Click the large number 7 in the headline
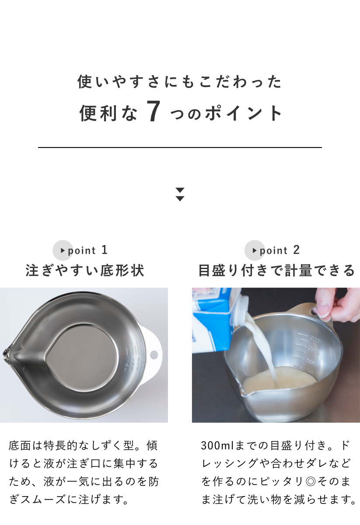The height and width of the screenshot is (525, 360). (154, 111)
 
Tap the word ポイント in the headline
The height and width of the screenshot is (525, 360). (243, 113)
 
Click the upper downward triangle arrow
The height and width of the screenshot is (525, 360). (180, 190)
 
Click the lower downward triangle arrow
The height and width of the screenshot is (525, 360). (180, 199)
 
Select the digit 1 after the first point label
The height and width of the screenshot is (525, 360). (105, 250)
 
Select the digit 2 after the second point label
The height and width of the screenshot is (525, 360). (297, 250)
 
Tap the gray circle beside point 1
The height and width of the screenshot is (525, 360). (63, 250)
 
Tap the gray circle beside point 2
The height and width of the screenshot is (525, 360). (255, 250)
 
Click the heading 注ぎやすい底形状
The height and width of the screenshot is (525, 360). (85, 270)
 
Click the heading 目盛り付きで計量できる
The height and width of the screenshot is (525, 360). (276, 270)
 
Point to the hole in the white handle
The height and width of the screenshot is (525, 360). (154, 355)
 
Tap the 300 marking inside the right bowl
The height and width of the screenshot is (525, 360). (315, 339)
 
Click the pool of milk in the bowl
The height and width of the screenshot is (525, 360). (279, 381)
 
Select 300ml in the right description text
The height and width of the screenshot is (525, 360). (217, 445)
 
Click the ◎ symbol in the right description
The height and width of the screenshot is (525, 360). (311, 482)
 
